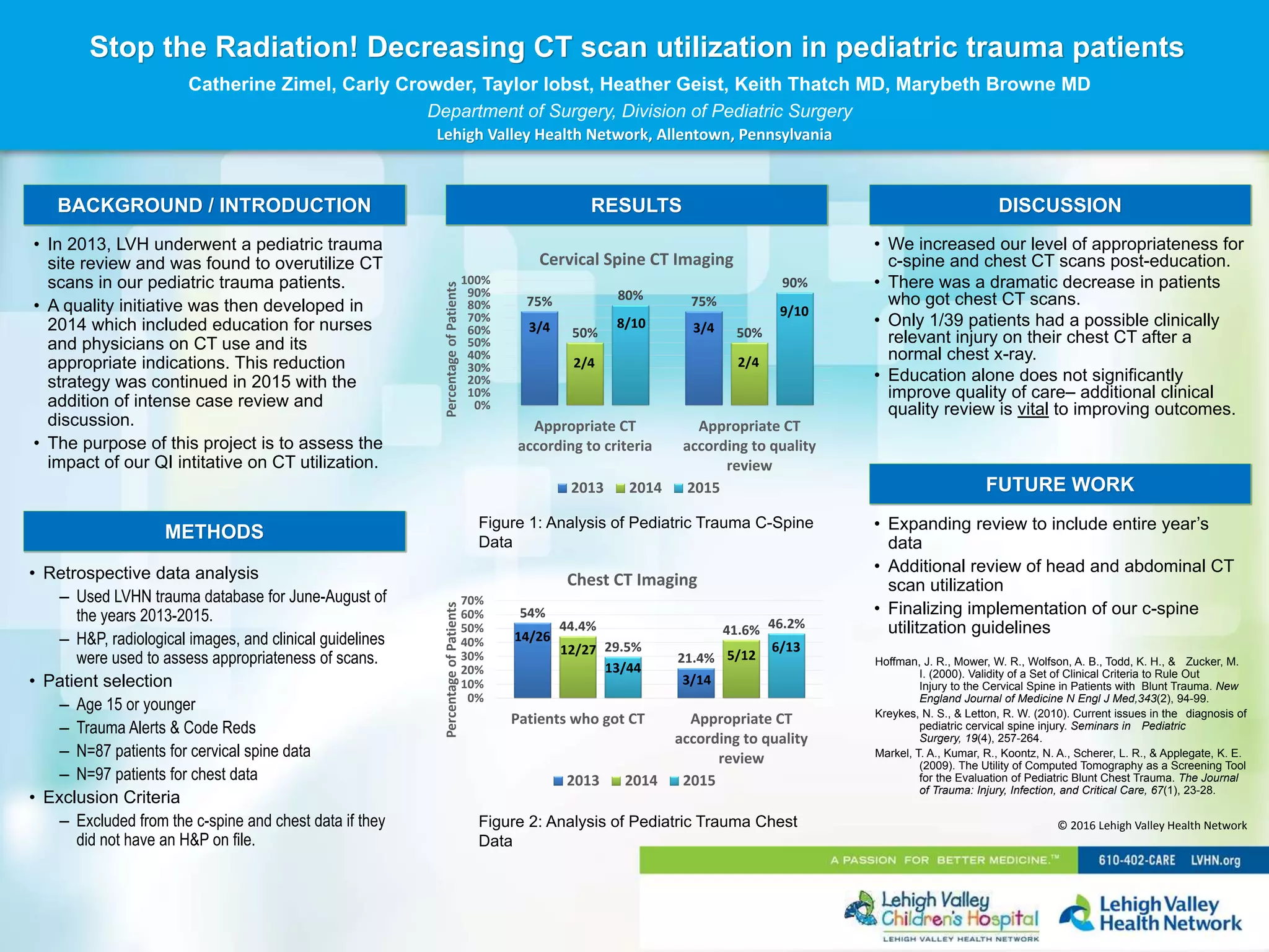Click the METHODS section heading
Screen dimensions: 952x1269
(214, 532)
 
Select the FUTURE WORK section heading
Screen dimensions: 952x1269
(1060, 484)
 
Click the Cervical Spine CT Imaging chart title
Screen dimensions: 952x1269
(636, 259)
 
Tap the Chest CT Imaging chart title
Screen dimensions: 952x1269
(631, 580)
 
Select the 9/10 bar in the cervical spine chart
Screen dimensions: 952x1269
(794, 350)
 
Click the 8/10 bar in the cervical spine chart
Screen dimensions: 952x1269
(630, 356)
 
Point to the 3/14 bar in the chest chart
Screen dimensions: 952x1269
(696, 683)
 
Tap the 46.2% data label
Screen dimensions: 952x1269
(786, 624)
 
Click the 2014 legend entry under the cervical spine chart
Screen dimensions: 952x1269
(639, 488)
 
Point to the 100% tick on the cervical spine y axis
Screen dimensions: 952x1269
(475, 280)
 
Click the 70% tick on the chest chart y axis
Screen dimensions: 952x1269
(472, 601)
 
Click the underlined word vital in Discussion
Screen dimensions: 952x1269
(1032, 409)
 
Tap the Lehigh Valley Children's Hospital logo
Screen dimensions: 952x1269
(942, 914)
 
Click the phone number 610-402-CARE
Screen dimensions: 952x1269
(1136, 860)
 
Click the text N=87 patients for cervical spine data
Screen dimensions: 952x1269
(193, 751)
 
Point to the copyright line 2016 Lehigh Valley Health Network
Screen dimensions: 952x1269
(1152, 826)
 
